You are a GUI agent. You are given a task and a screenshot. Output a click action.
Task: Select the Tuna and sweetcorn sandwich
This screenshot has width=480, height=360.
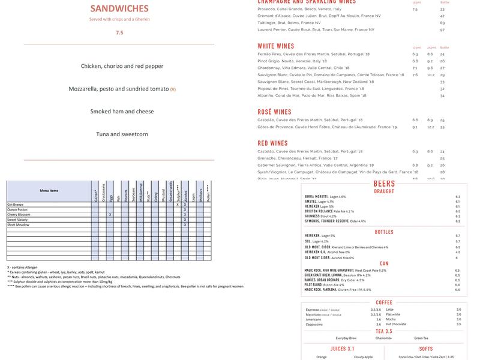tap(122, 134)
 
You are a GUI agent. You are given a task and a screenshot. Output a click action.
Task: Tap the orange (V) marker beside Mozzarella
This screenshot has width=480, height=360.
tap(173, 89)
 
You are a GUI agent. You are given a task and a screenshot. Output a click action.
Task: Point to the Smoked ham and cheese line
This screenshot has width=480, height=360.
tap(122, 112)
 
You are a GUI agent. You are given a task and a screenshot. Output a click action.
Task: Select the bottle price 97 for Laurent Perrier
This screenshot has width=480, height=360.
tap(442, 29)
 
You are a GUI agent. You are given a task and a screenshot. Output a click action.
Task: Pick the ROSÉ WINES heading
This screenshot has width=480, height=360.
tap(275, 112)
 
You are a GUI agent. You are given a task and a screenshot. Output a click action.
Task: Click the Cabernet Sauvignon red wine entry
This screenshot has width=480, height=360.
tap(316, 165)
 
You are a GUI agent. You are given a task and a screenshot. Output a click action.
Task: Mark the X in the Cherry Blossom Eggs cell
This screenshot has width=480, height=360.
tap(110, 214)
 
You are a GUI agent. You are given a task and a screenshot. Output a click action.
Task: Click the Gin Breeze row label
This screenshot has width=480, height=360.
tap(16, 205)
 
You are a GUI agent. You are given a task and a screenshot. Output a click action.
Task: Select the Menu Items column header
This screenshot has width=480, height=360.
tap(49, 190)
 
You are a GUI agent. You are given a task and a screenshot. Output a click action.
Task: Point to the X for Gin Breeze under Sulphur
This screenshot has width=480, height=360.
tap(178, 205)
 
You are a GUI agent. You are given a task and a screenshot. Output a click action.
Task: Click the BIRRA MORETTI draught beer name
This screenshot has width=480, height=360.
tap(317, 197)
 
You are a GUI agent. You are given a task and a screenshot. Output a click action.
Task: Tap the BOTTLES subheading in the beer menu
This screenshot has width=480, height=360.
tap(384, 232)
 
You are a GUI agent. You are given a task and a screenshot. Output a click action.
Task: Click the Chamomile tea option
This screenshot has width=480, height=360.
tap(384, 338)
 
